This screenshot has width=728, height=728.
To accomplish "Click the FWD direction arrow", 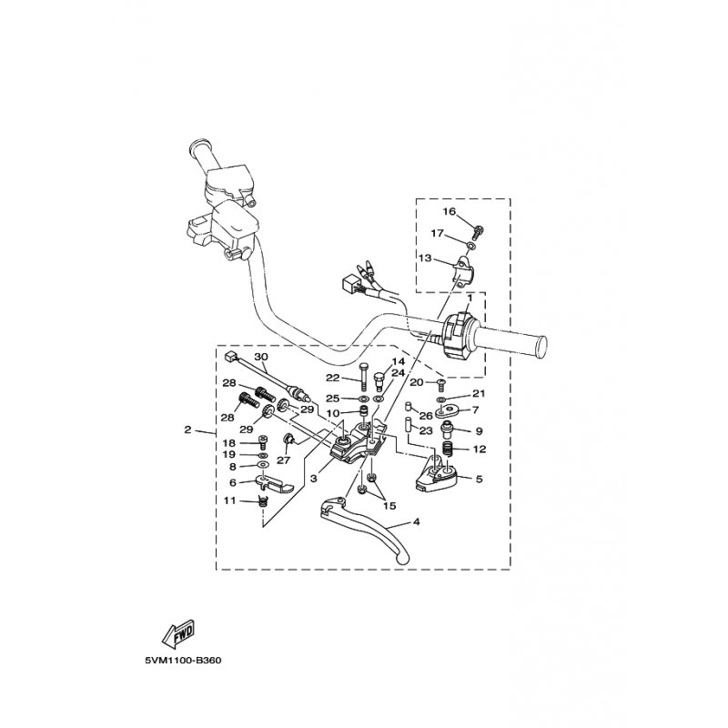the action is click(178, 633).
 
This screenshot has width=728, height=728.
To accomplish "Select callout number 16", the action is click(449, 211).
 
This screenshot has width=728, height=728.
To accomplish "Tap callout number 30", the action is click(261, 357).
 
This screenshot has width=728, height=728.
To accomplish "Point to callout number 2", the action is click(187, 430).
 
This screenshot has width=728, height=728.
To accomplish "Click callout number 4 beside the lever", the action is click(416, 521).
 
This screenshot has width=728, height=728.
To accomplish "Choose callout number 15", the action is click(389, 506).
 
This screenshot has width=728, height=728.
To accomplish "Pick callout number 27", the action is click(283, 460).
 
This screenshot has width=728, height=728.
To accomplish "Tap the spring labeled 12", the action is click(448, 449).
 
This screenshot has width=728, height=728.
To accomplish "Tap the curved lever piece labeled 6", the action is click(275, 484).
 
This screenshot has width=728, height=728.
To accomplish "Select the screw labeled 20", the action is click(441, 385).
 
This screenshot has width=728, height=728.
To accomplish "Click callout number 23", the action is click(426, 430).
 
